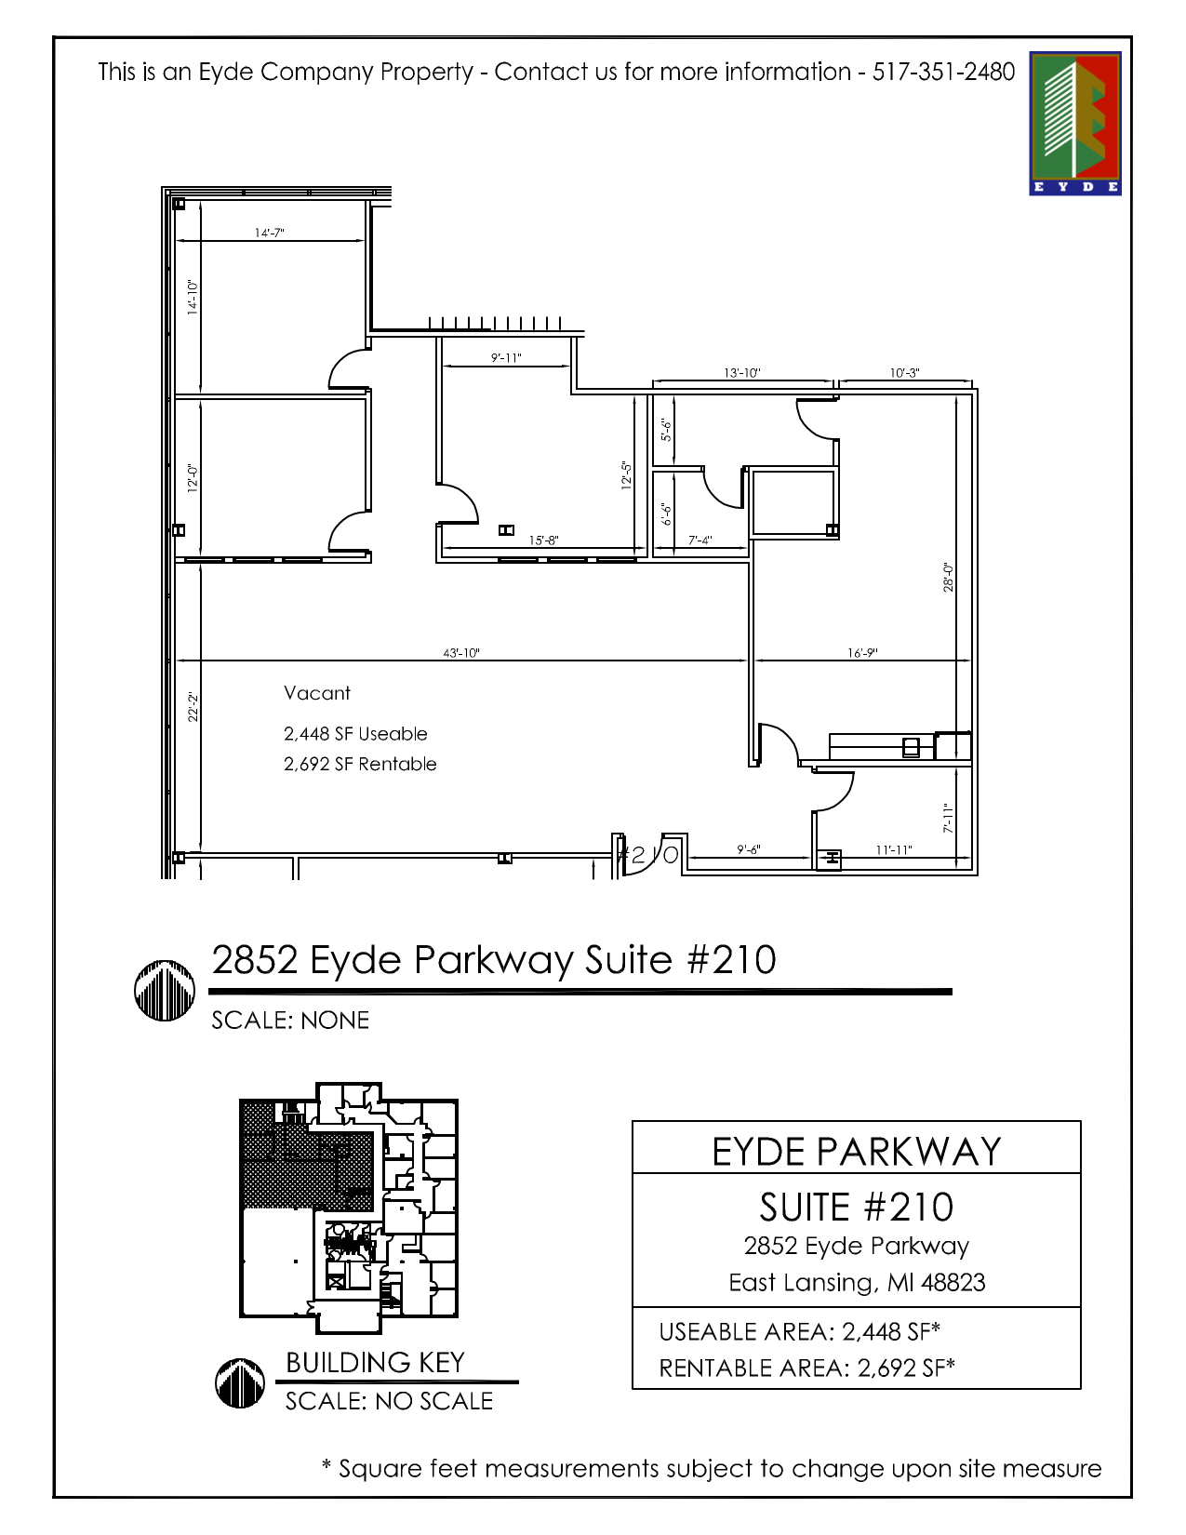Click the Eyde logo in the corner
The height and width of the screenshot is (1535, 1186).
point(1074,123)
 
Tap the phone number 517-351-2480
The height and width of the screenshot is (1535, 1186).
point(942,72)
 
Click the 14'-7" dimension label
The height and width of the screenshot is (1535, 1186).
point(269,233)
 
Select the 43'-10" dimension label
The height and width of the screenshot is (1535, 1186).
point(461,653)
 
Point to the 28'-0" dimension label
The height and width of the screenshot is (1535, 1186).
point(948,577)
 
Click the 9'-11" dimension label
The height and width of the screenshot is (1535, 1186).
point(506,358)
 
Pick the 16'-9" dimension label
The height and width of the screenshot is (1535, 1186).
point(862,653)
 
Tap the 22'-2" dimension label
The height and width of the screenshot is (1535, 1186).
point(193,706)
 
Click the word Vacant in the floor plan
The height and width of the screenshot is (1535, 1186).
point(317,693)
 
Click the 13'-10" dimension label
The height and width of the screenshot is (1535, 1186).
point(741,373)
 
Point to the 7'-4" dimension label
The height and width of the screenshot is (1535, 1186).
point(700,541)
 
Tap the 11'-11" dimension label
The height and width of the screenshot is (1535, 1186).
point(893,850)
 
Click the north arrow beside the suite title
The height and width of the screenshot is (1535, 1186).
point(165,990)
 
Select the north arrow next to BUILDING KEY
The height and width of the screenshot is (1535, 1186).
point(240,1381)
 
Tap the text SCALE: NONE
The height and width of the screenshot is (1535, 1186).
point(290,1021)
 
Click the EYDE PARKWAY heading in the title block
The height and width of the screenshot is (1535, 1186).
point(856,1152)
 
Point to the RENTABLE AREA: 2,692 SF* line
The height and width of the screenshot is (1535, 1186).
point(806,1368)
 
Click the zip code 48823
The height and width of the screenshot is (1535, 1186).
point(953,1283)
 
